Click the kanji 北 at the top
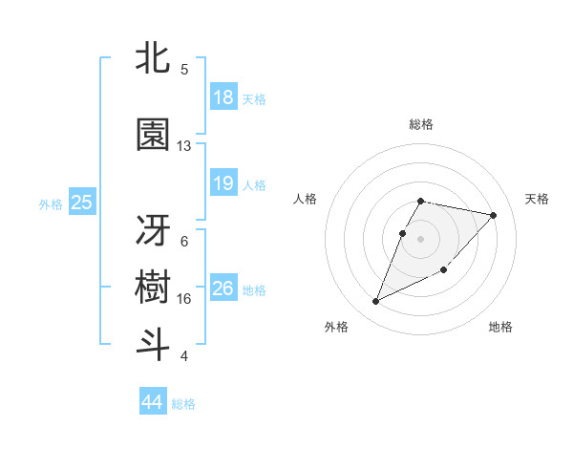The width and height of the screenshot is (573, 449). pyautogui.click(x=153, y=59)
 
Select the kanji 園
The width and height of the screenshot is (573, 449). pyautogui.click(x=153, y=136)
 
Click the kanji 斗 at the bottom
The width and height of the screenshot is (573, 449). pyautogui.click(x=153, y=343)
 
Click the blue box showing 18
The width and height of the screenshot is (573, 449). pyautogui.click(x=223, y=97)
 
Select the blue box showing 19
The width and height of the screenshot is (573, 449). pyautogui.click(x=223, y=183)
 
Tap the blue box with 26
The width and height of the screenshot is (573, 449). pyautogui.click(x=223, y=289)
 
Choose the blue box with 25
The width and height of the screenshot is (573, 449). pyautogui.click(x=81, y=203)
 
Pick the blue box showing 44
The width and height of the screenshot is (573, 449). pyautogui.click(x=153, y=402)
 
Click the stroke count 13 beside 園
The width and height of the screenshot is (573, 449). pyautogui.click(x=184, y=146)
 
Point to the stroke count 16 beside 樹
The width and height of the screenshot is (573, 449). pyautogui.click(x=184, y=298)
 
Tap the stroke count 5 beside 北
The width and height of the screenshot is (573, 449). pyautogui.click(x=184, y=70)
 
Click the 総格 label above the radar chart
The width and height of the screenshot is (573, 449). pyautogui.click(x=421, y=124)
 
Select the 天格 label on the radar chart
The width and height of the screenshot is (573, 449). pyautogui.click(x=538, y=199)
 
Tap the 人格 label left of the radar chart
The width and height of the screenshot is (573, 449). pyautogui.click(x=306, y=199)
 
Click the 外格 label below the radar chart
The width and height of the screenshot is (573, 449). pyautogui.click(x=336, y=328)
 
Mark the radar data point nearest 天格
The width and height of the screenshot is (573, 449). pyautogui.click(x=494, y=215)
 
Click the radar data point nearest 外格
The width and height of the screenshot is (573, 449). pyautogui.click(x=376, y=302)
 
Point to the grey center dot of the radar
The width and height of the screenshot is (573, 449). pyautogui.click(x=421, y=238)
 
